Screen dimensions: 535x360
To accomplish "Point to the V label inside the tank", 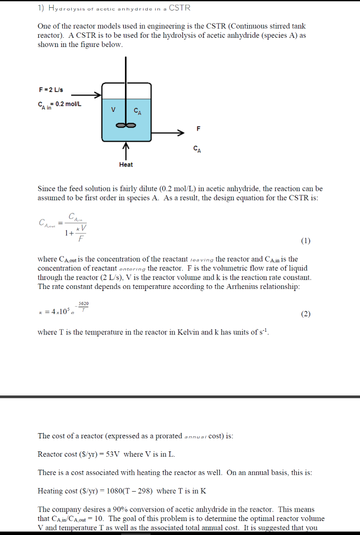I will (113, 110).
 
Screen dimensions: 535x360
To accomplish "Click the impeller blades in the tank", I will (126, 125).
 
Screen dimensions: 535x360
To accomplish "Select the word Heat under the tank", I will (126, 165).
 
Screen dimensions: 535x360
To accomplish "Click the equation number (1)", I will (306, 241).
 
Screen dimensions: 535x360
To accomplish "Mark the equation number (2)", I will (306, 314).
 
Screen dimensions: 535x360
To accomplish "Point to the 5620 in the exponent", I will (84, 304).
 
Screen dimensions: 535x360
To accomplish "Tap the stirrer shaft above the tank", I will (126, 68).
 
